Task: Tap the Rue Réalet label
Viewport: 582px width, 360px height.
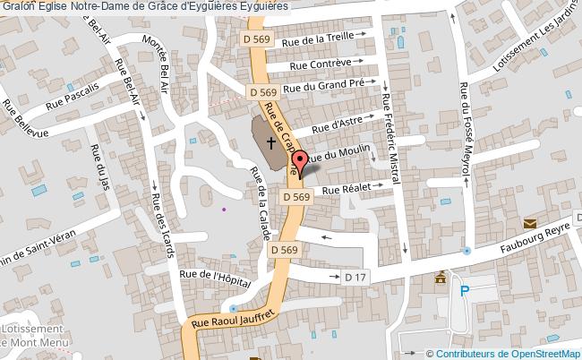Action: [x=346, y=190]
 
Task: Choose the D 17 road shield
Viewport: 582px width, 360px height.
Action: [x=355, y=279]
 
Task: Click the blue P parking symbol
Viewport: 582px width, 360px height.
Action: [x=464, y=291]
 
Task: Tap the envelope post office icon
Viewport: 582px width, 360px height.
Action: [x=530, y=223]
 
